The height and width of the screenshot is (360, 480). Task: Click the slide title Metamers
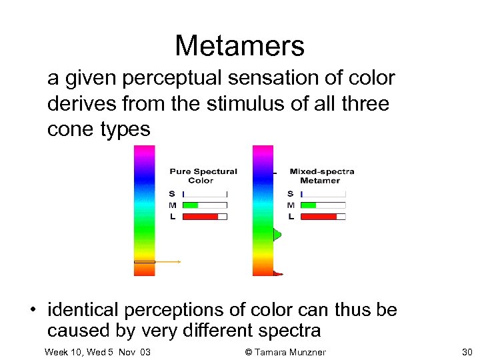click(x=239, y=46)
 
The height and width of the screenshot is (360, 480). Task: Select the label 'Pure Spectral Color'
click(x=203, y=176)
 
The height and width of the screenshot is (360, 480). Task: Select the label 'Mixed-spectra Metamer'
click(x=321, y=176)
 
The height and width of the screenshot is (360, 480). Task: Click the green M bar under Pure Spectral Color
click(x=191, y=205)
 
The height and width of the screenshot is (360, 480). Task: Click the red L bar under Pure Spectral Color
click(x=200, y=217)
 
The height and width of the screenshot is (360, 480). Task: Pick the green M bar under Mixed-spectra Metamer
click(x=309, y=205)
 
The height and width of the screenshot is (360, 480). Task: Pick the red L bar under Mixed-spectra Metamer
click(x=319, y=217)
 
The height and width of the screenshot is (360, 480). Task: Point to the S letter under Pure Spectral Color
click(x=171, y=194)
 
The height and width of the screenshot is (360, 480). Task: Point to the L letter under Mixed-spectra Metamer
click(x=291, y=217)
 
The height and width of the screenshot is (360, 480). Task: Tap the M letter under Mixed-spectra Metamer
click(x=291, y=205)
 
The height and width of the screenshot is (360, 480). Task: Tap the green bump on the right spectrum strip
click(x=277, y=234)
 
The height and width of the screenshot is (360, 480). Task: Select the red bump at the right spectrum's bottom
click(x=278, y=273)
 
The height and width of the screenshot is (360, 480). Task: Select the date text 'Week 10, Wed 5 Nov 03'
click(x=97, y=351)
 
